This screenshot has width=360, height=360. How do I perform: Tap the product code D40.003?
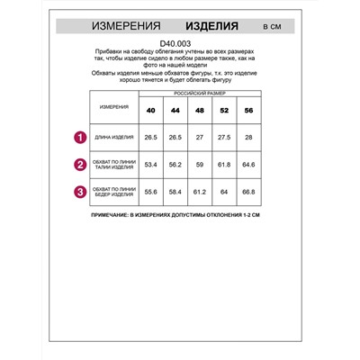tap(179, 44)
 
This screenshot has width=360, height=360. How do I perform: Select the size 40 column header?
tap(150, 111)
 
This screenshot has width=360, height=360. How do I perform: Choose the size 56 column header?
tap(249, 111)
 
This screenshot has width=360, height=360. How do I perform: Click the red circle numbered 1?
tap(79, 138)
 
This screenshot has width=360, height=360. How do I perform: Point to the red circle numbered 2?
tap(79, 165)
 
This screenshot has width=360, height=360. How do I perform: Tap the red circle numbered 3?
tap(79, 191)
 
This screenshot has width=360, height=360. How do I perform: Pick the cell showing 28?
tap(249, 138)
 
